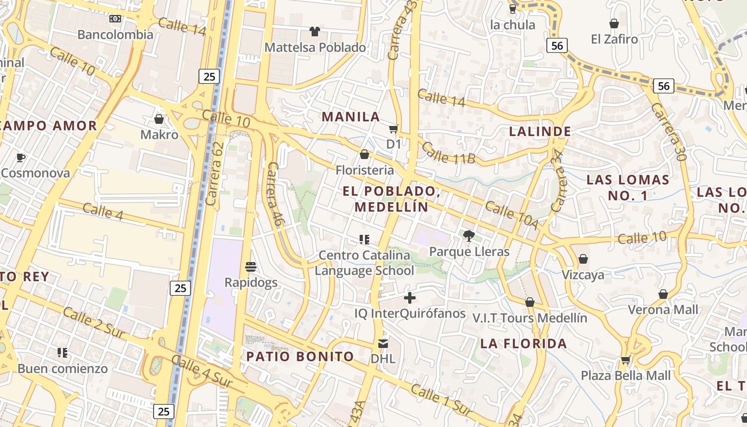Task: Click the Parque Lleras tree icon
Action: (x=469, y=235)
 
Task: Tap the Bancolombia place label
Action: (x=115, y=35)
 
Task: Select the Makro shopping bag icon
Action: (x=158, y=118)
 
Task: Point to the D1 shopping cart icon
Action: (x=394, y=129)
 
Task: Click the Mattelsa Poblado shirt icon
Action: (x=315, y=31)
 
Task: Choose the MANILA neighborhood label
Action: (x=351, y=116)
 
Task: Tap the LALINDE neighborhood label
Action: (x=540, y=131)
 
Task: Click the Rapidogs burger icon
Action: (x=251, y=266)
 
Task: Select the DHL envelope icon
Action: (x=383, y=343)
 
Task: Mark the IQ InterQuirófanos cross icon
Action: (x=410, y=298)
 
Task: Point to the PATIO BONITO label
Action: (x=300, y=356)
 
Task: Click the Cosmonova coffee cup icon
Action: (x=21, y=157)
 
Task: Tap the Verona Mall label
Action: (x=663, y=310)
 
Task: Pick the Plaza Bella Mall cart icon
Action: (x=625, y=360)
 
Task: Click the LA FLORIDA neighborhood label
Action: (x=523, y=343)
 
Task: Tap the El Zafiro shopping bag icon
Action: (x=614, y=23)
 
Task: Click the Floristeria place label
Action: (x=364, y=170)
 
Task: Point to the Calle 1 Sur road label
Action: (x=441, y=400)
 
